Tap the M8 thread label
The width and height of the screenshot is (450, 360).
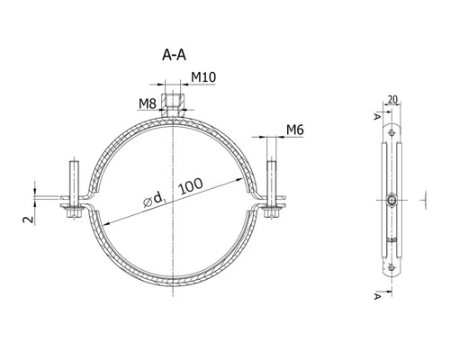[x=148, y=105]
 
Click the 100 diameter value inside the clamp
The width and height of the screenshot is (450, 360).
[x=190, y=186]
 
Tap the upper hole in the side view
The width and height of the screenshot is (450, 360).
[x=392, y=132]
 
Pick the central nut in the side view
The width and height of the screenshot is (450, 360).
[x=392, y=200]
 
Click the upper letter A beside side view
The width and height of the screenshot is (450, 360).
[x=376, y=114]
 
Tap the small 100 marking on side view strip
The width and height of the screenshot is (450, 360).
[x=390, y=241]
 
